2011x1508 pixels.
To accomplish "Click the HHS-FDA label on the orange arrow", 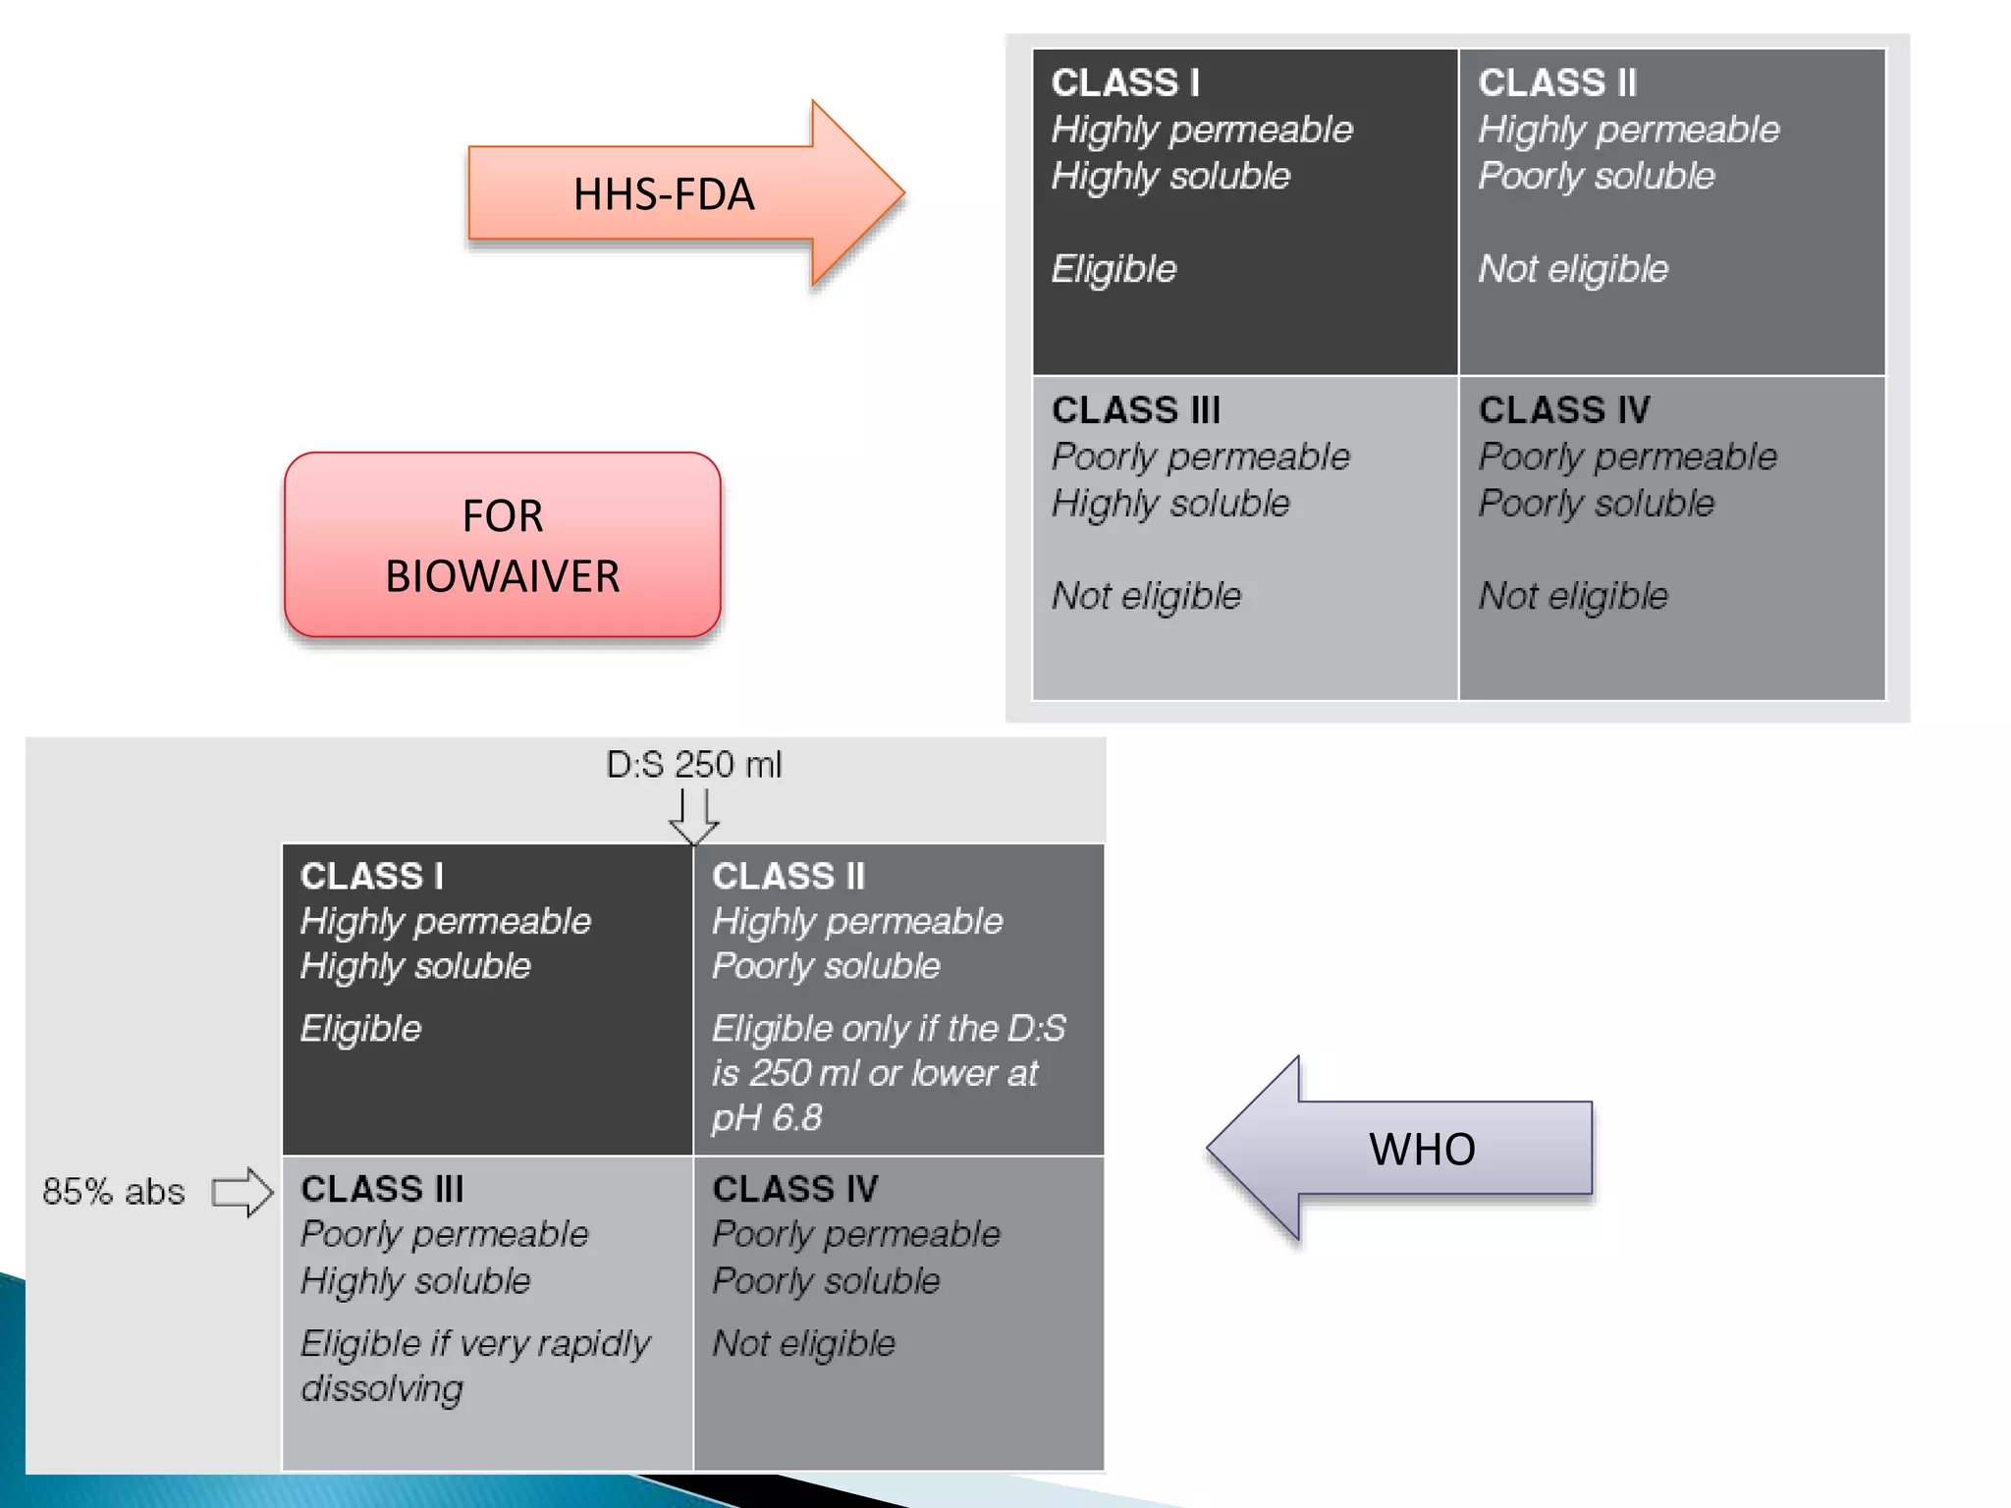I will pyautogui.click(x=664, y=194).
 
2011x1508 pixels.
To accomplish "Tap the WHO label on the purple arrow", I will pyautogui.click(x=1422, y=1149).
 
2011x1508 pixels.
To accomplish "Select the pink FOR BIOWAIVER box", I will pyautogui.click(x=503, y=545).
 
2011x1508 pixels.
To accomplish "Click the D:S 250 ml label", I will pyautogui.click(x=693, y=765).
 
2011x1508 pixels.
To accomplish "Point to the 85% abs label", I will pyautogui.click(x=114, y=1192).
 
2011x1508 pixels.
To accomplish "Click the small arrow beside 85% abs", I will pyautogui.click(x=243, y=1192).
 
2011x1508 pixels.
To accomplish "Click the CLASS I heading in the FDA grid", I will pyautogui.click(x=1125, y=83).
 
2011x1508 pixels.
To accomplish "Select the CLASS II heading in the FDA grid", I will pyautogui.click(x=1557, y=83).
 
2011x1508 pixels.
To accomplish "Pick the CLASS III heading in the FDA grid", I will pyautogui.click(x=1136, y=410).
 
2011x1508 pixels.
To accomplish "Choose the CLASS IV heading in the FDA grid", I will pyautogui.click(x=1564, y=410).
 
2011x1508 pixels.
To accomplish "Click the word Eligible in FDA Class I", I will pyautogui.click(x=1114, y=269).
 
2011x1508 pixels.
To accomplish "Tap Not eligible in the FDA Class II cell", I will pyautogui.click(x=1573, y=269).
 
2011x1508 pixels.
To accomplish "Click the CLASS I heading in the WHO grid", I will pyautogui.click(x=372, y=876).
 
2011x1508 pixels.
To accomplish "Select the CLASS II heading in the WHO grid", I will pyautogui.click(x=788, y=876).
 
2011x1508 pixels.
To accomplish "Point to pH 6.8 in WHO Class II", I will pyautogui.click(x=767, y=1118).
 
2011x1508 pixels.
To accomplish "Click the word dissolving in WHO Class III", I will pyautogui.click(x=382, y=1388).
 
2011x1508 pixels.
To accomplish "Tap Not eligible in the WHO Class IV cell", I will pyautogui.click(x=803, y=1343).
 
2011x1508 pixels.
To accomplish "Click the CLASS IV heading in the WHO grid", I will pyautogui.click(x=795, y=1189).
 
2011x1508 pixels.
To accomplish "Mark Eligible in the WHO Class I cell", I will pyautogui.click(x=360, y=1029).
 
